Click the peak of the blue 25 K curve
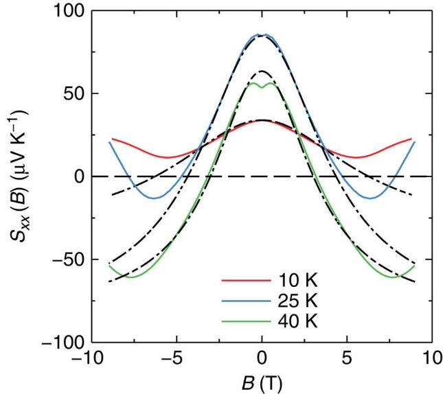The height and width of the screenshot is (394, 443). pyautogui.click(x=262, y=34)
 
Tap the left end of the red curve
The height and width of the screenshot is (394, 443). pyautogui.click(x=112, y=139)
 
